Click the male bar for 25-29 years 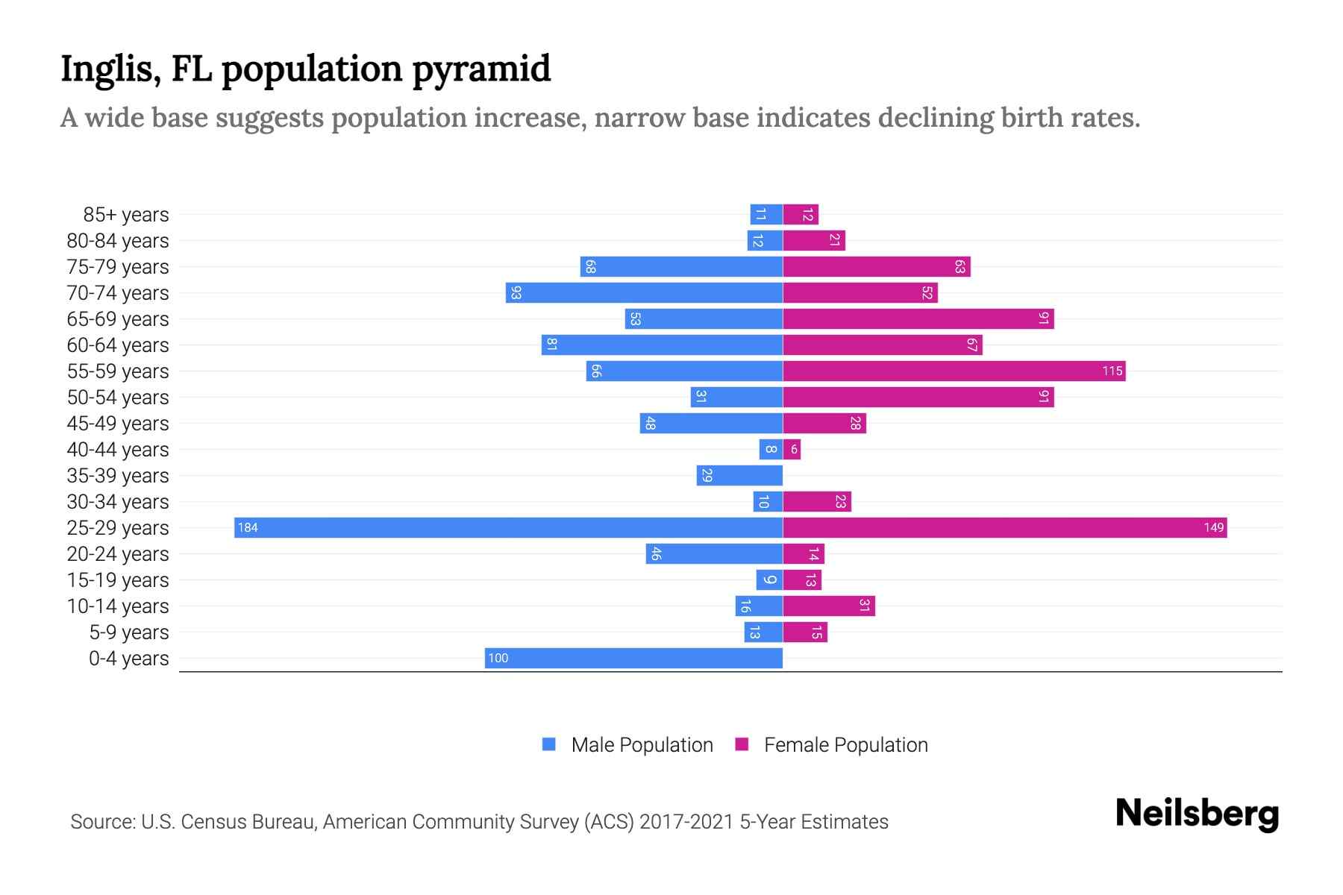507,527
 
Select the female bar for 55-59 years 954,371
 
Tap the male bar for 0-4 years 634,658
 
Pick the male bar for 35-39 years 739,475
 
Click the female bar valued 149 1004,527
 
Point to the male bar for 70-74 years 644,292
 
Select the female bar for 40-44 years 792,449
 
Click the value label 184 248,528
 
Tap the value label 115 1112,371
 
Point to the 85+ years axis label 125,215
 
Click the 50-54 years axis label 118,398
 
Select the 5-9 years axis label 128,632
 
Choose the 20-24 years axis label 118,554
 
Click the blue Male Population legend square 549,744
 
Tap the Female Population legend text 845,745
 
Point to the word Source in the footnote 101,822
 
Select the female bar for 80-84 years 814,240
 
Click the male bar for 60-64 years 662,345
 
